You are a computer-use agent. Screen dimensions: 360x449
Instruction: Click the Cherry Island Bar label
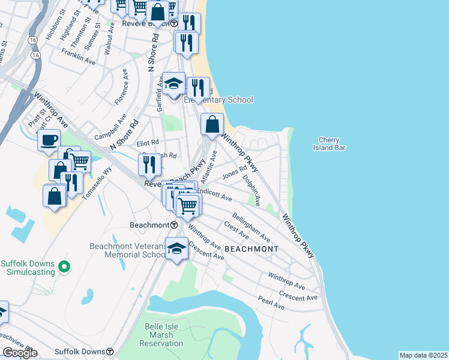[330, 143]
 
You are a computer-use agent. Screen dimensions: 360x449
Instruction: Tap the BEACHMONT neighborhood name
[251, 248]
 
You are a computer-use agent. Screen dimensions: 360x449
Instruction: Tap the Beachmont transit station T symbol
[174, 225]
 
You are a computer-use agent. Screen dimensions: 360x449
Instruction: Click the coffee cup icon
[49, 141]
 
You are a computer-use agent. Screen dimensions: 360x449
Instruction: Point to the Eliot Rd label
[147, 143]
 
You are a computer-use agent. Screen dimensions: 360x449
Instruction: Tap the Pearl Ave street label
[271, 305]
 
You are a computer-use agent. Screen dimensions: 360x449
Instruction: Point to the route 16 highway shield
[32, 40]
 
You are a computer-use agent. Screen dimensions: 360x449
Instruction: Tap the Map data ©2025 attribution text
[423, 355]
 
